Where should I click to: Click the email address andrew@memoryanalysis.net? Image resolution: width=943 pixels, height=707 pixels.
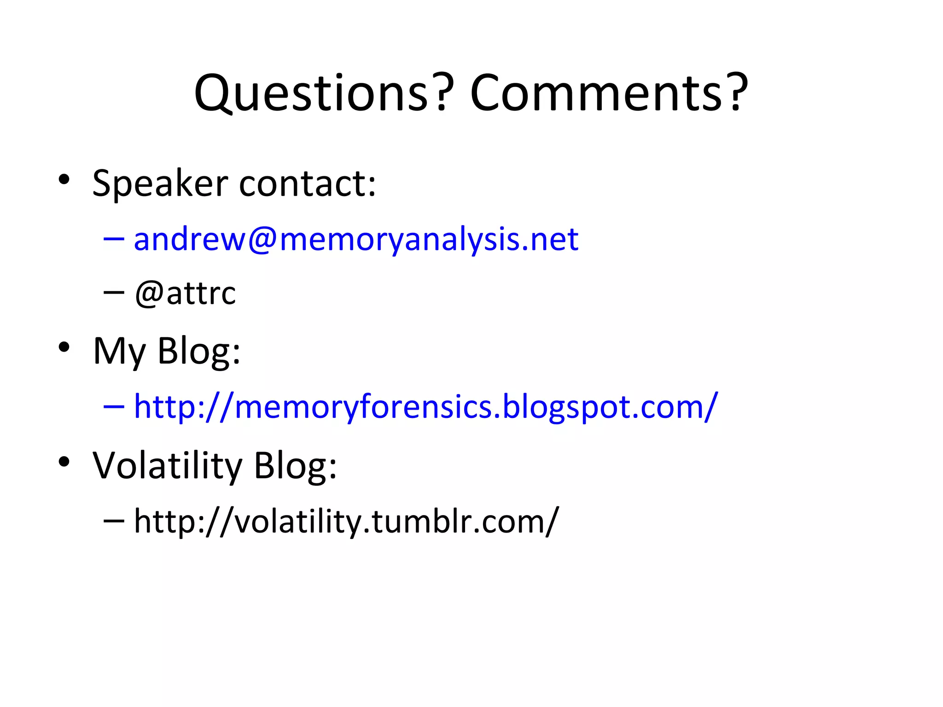[356, 240]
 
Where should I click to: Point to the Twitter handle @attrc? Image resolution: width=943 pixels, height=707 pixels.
[185, 293]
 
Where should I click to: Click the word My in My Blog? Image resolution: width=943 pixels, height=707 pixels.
[119, 351]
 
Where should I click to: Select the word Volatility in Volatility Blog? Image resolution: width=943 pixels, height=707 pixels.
[167, 465]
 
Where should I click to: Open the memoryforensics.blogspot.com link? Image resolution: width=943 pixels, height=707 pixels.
[426, 407]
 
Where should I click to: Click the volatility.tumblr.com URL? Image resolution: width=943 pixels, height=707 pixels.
[346, 522]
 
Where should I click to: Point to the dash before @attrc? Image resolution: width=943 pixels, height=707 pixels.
[114, 292]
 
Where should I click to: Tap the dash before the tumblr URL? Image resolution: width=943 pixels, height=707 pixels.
[114, 521]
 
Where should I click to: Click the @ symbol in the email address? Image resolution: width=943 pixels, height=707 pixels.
[262, 240]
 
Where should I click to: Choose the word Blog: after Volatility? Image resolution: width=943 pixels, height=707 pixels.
[295, 465]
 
